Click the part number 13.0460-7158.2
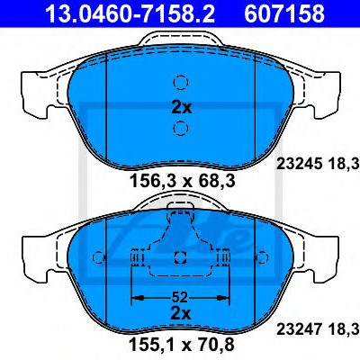(130, 13)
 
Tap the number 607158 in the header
(284, 13)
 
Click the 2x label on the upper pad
(181, 107)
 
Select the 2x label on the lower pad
(181, 314)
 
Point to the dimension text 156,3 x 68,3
(182, 181)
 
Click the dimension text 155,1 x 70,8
(181, 345)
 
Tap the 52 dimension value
(180, 297)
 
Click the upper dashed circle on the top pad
(181, 82)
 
